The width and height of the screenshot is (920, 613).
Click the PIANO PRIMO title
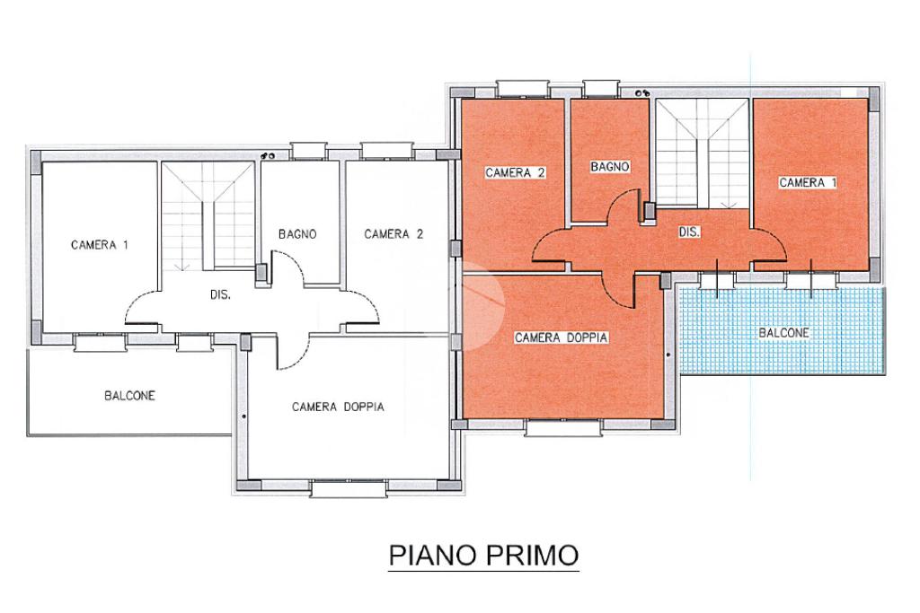coord(484,555)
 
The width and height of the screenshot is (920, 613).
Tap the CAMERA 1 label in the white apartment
coord(99,244)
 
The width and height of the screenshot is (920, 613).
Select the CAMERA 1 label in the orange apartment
coord(808,182)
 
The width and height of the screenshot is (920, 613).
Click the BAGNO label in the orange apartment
coord(610,166)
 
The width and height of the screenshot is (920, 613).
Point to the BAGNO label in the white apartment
coord(297,234)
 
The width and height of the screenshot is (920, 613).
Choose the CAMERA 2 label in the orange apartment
coord(516,172)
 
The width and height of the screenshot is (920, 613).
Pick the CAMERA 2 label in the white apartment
coord(394,234)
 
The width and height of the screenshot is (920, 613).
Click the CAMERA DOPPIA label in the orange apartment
coord(561,337)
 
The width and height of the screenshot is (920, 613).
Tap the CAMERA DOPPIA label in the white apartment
coord(338,407)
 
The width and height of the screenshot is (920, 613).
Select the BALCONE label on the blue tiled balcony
coord(783,333)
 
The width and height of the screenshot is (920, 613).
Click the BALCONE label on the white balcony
coord(129,396)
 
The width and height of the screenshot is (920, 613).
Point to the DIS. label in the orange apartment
coord(689,232)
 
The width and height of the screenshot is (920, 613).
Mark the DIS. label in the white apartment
coord(220,294)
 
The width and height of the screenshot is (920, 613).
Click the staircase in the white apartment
coord(208,216)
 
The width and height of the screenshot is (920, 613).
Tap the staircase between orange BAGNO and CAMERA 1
coord(703,153)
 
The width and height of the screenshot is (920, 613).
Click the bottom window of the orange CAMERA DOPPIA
coord(563,428)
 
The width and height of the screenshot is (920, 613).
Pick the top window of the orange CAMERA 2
coord(523,89)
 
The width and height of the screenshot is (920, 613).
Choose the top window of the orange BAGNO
coord(601,89)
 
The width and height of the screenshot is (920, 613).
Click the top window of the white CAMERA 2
coord(388,151)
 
